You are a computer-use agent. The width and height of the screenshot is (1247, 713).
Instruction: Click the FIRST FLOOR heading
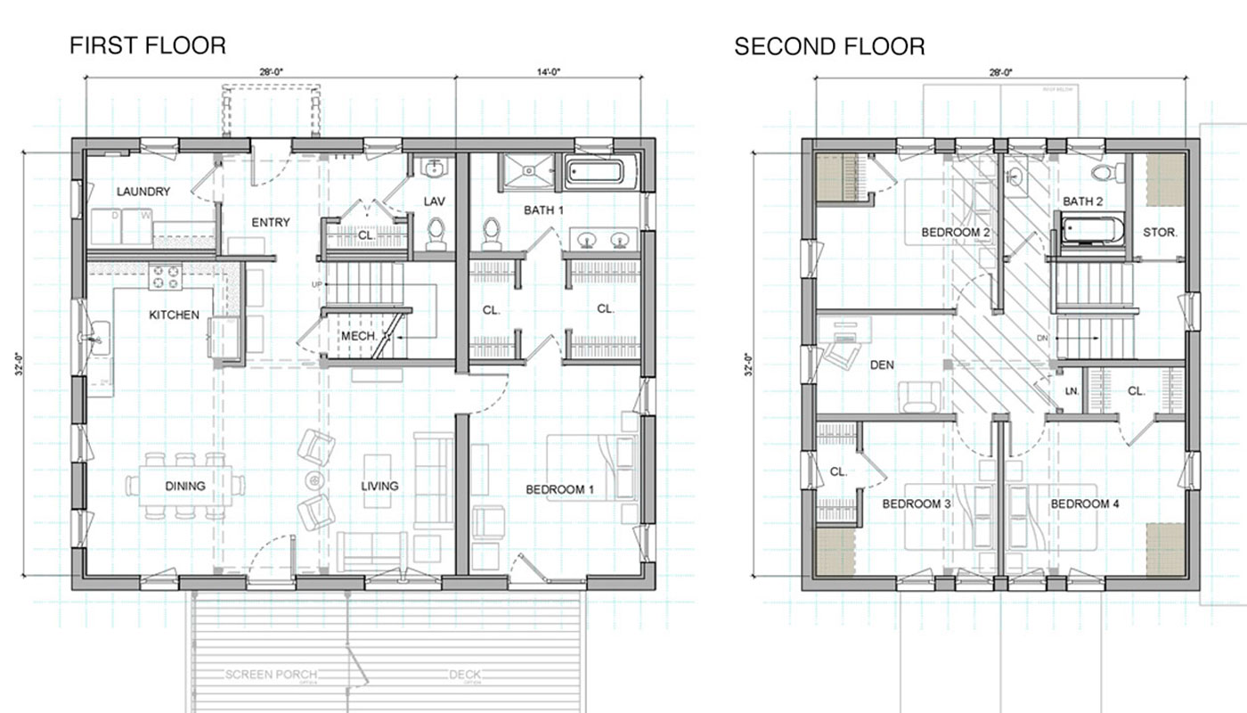pos(148,45)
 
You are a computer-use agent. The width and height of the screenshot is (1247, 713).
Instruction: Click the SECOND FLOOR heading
pos(829,46)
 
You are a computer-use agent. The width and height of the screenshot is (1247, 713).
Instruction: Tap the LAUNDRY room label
pos(143,192)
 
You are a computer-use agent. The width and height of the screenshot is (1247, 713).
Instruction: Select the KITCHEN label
pos(174,315)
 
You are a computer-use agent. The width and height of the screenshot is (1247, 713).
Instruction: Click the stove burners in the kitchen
pos(165,277)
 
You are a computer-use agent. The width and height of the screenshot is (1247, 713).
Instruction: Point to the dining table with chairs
pos(185,486)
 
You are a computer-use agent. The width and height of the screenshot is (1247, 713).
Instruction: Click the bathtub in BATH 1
pos(601,171)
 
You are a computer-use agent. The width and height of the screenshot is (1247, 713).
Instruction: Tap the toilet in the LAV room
pos(436,233)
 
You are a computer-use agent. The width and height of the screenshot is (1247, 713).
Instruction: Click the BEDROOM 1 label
pos(559,489)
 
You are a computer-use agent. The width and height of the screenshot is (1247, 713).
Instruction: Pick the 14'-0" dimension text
pos(549,72)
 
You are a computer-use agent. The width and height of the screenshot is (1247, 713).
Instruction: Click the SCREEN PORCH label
pos(271,675)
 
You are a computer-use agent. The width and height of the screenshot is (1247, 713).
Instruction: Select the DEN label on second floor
pos(883,365)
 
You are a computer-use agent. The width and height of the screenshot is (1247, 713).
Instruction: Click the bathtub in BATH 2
pos(1090,229)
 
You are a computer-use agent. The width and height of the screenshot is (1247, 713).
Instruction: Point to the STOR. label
pos(1160,232)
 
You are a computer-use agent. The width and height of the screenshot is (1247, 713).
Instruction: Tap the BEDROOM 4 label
pos(1084,504)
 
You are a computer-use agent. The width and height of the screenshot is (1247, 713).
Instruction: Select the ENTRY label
pos(271,222)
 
